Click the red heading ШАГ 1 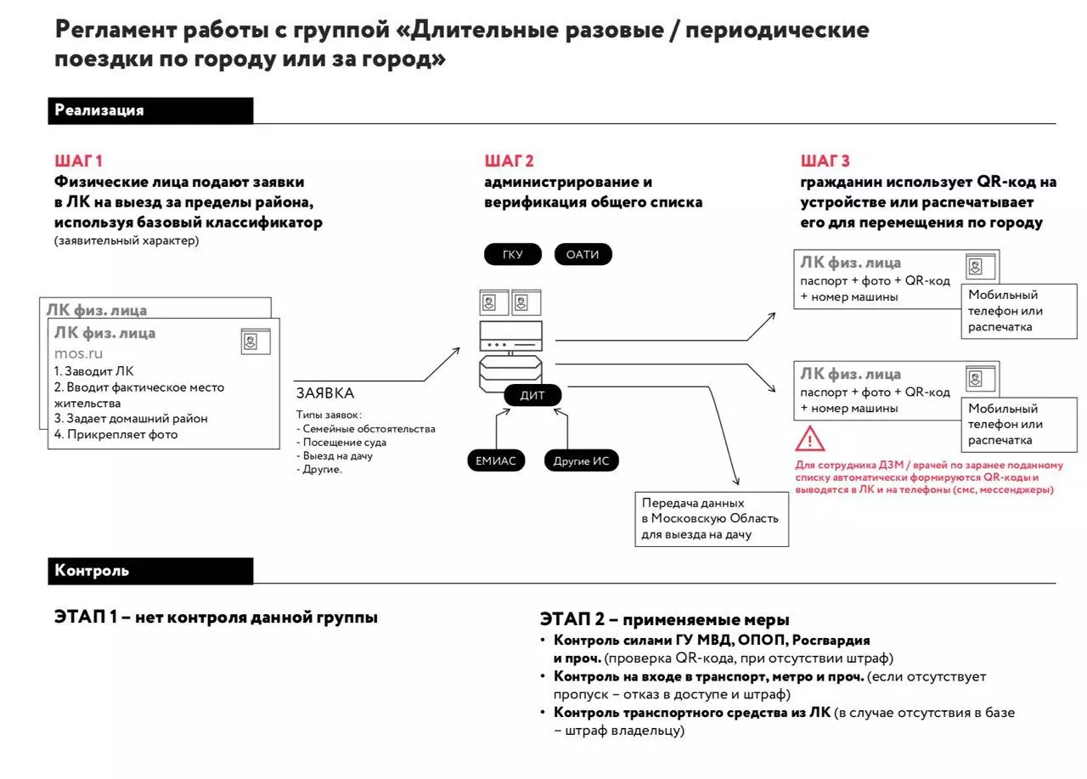click(x=78, y=161)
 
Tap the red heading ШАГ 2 click(x=509, y=161)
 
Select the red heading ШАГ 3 click(x=825, y=161)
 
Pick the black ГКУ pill click(x=513, y=254)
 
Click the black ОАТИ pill click(x=583, y=254)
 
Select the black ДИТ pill click(x=532, y=395)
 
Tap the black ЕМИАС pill click(x=496, y=461)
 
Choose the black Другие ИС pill click(x=582, y=461)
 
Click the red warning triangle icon click(x=810, y=439)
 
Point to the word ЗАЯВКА click(x=325, y=393)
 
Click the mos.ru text click(x=78, y=353)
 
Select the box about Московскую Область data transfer click(x=712, y=518)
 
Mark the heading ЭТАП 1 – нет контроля click(x=216, y=618)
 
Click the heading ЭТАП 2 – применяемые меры click(x=664, y=620)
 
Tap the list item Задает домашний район click(x=131, y=418)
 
